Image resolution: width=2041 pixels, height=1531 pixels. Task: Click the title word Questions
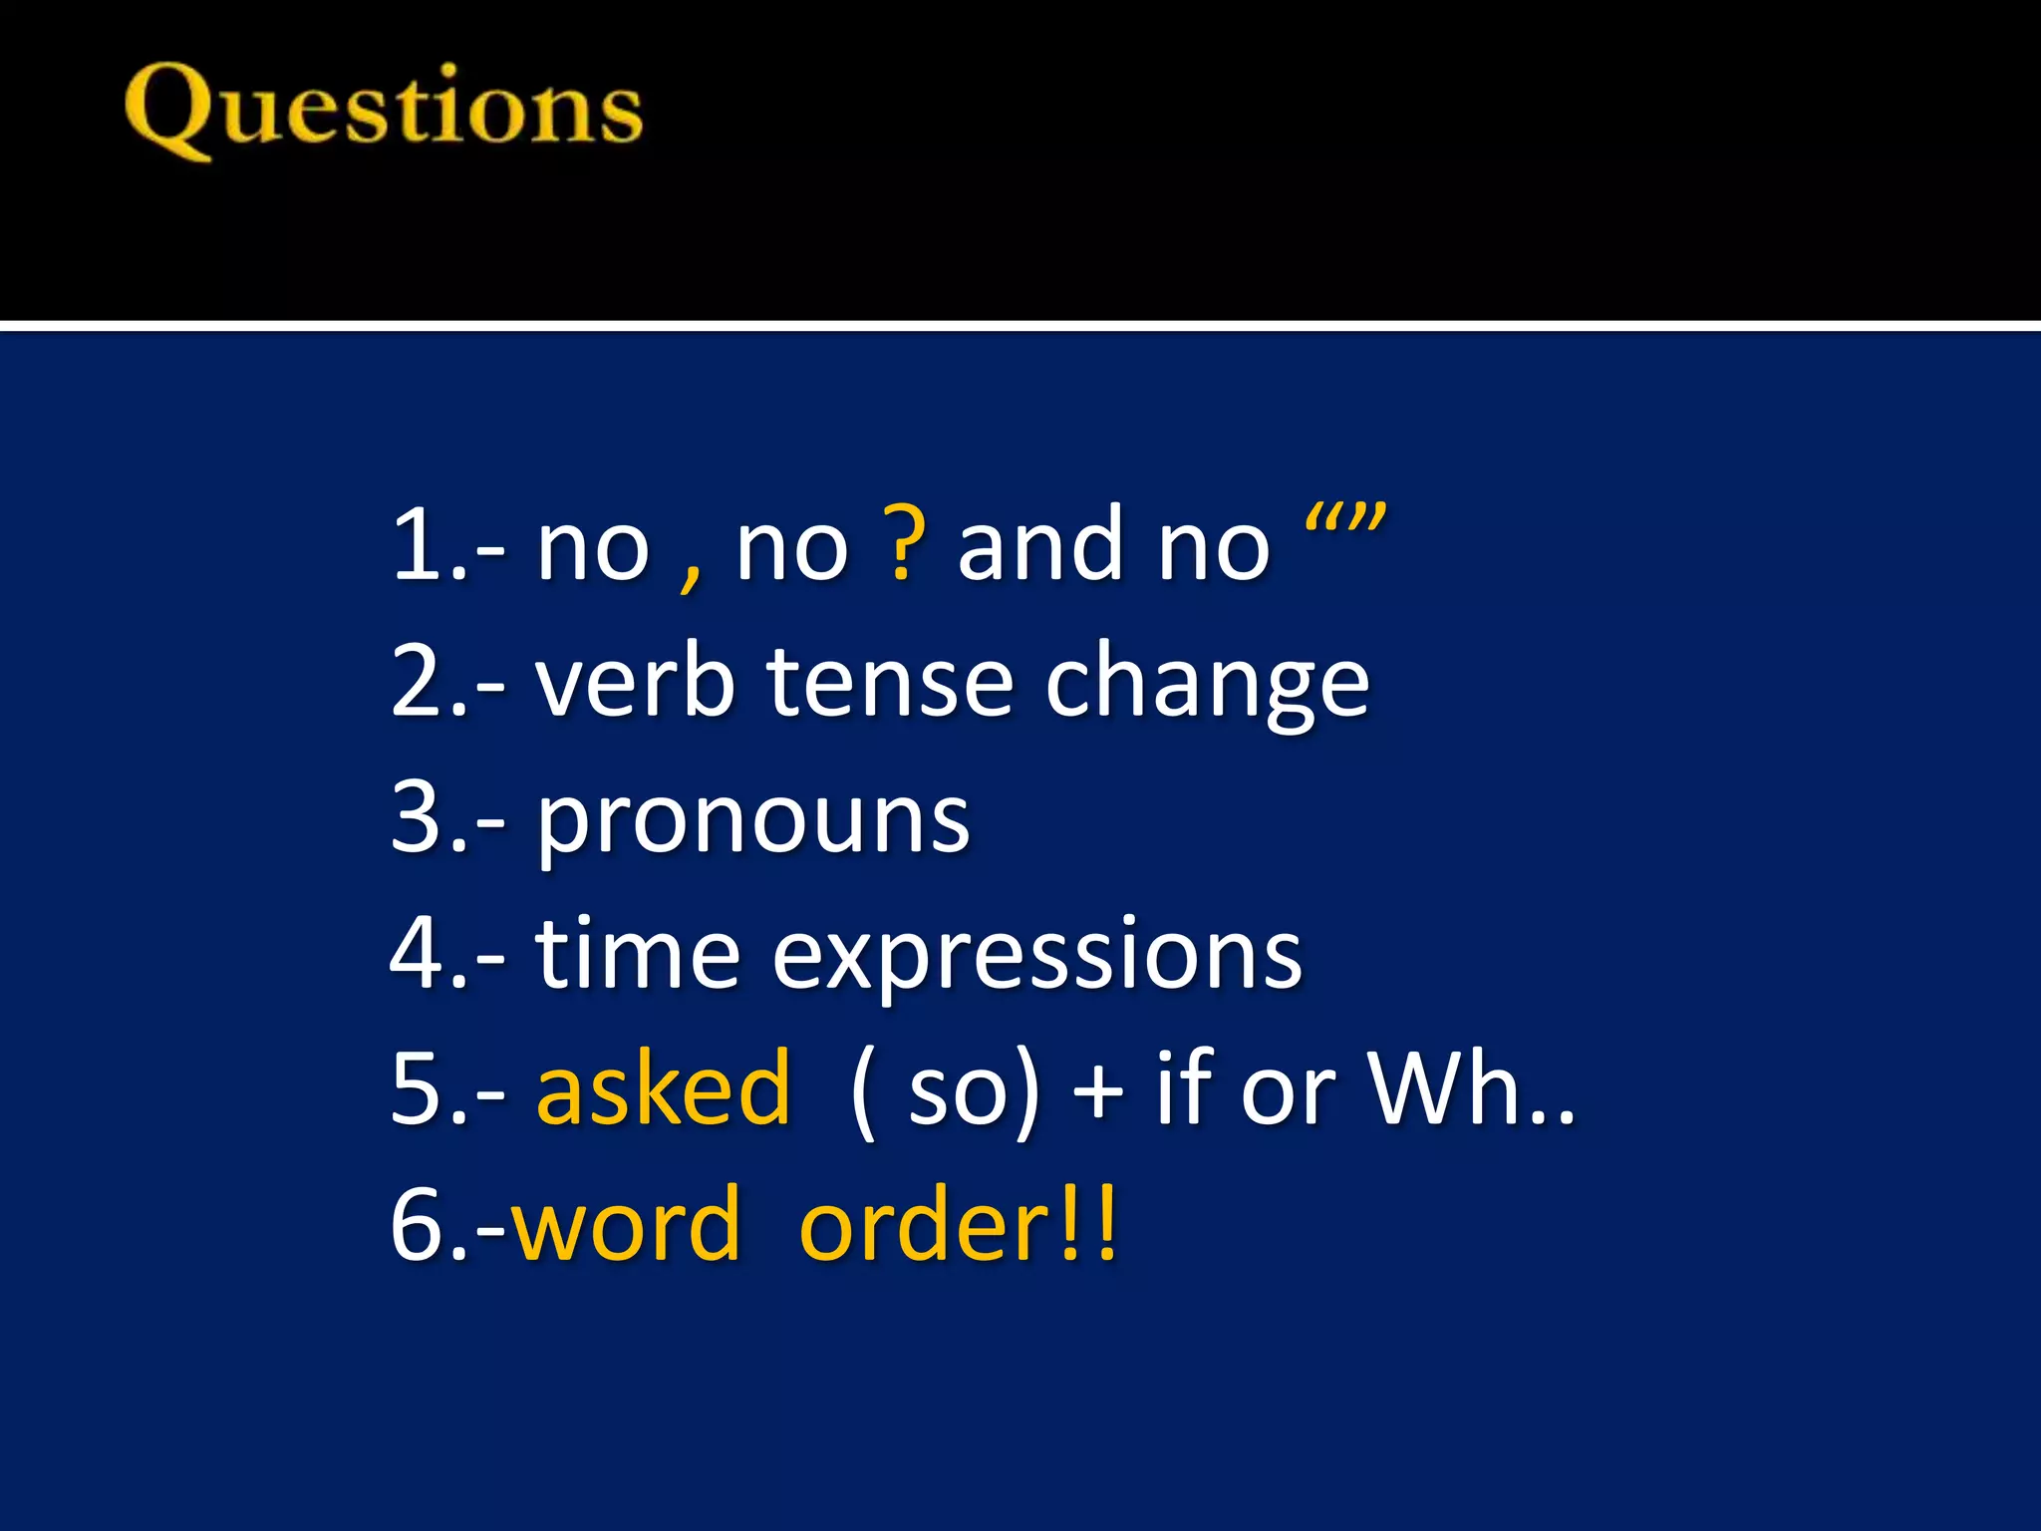pos(384,110)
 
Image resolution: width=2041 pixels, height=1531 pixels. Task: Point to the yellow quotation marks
pos(1344,520)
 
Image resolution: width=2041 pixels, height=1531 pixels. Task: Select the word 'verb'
pos(635,682)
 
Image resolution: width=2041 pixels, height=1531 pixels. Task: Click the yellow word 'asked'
pos(664,1088)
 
